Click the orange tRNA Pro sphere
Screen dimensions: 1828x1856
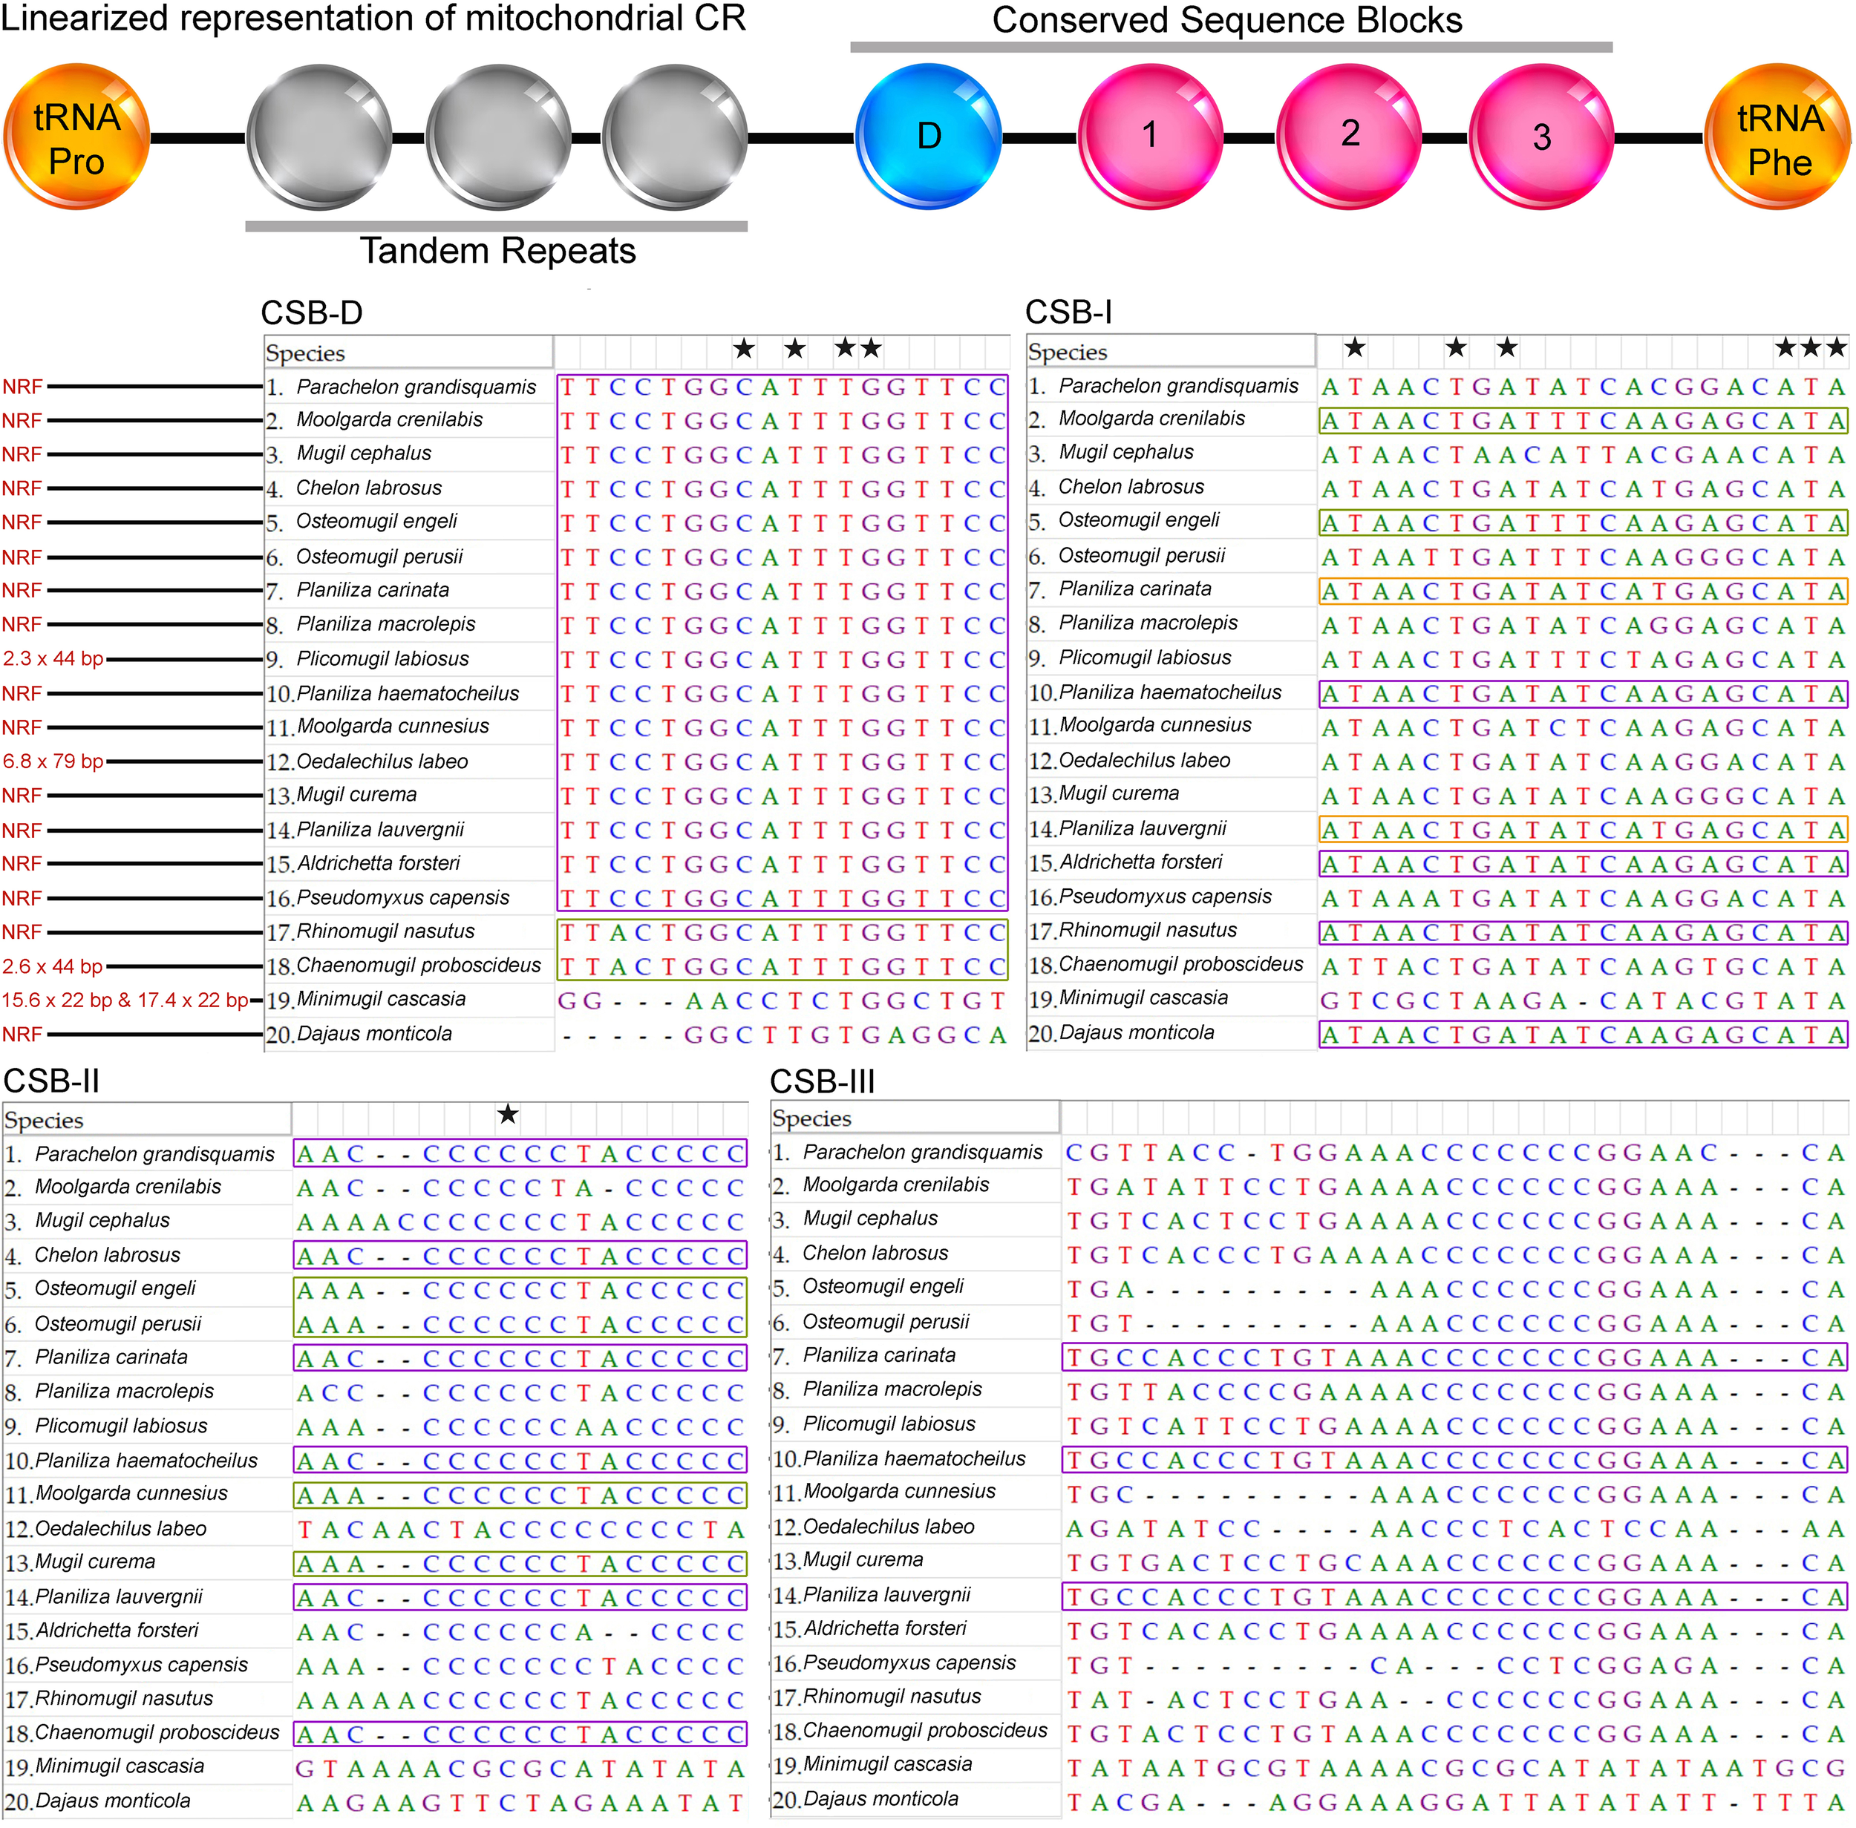click(x=76, y=137)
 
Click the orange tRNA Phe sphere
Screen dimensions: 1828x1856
click(x=1778, y=137)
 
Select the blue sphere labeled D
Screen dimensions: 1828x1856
click(x=927, y=137)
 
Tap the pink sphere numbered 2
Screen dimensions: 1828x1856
click(x=1349, y=135)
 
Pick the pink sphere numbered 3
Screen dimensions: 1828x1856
click(x=1541, y=137)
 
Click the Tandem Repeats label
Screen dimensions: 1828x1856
click(x=497, y=252)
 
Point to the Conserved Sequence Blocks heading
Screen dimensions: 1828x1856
click(x=1226, y=20)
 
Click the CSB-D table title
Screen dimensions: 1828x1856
click(x=311, y=313)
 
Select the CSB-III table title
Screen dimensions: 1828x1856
click(x=823, y=1082)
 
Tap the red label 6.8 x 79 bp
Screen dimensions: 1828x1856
click(x=53, y=761)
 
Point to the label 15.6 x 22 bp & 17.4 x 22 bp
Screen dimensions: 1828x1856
click(x=125, y=1000)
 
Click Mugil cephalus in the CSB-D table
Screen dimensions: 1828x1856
click(x=363, y=453)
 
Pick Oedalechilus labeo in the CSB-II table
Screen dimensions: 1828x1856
click(x=120, y=1528)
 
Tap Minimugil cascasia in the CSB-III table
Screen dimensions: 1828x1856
click(x=887, y=1765)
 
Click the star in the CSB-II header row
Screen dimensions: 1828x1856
click(x=508, y=1115)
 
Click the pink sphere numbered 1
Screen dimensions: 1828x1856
click(x=1149, y=135)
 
